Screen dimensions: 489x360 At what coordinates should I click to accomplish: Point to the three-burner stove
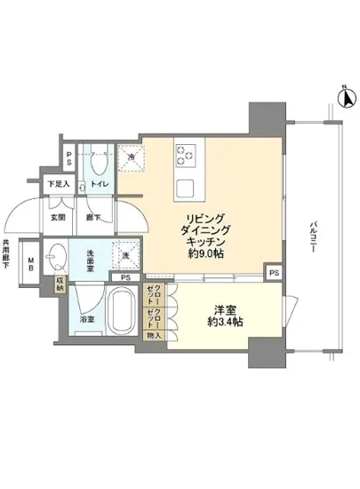pyautogui.click(x=187, y=156)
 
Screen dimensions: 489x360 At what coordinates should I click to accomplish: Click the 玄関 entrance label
pyautogui.click(x=55, y=215)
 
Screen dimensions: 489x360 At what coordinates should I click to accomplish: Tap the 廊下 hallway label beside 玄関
pyautogui.click(x=92, y=215)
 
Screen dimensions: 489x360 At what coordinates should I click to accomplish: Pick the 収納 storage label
pyautogui.click(x=60, y=285)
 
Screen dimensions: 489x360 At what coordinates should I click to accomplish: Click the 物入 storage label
pyautogui.click(x=154, y=335)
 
